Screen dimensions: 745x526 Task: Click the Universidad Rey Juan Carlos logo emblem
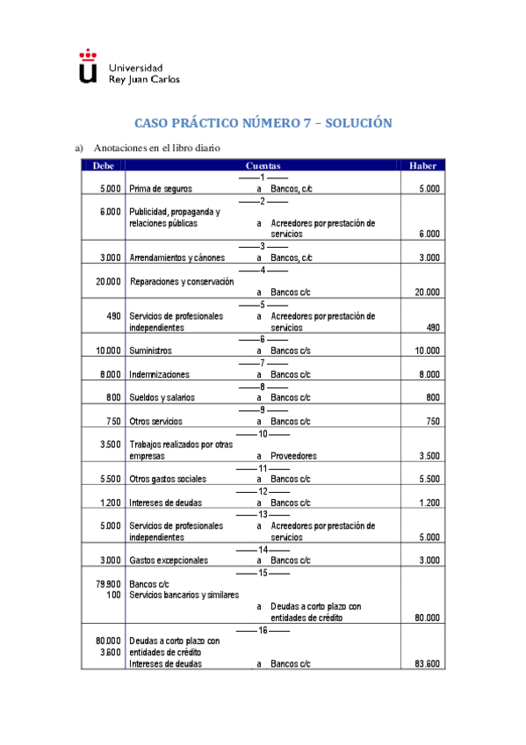[x=88, y=67]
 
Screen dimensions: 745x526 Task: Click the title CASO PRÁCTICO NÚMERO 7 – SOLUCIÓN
[x=263, y=124]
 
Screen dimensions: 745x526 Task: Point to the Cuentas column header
[x=263, y=165]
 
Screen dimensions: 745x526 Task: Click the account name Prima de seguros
[x=161, y=189]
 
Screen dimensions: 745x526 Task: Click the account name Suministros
[x=151, y=351]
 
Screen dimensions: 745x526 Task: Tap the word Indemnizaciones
[x=159, y=374]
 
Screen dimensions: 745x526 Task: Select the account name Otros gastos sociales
[x=168, y=479]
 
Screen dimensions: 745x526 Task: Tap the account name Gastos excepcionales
[x=169, y=560]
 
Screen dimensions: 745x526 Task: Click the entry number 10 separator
[x=263, y=433]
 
